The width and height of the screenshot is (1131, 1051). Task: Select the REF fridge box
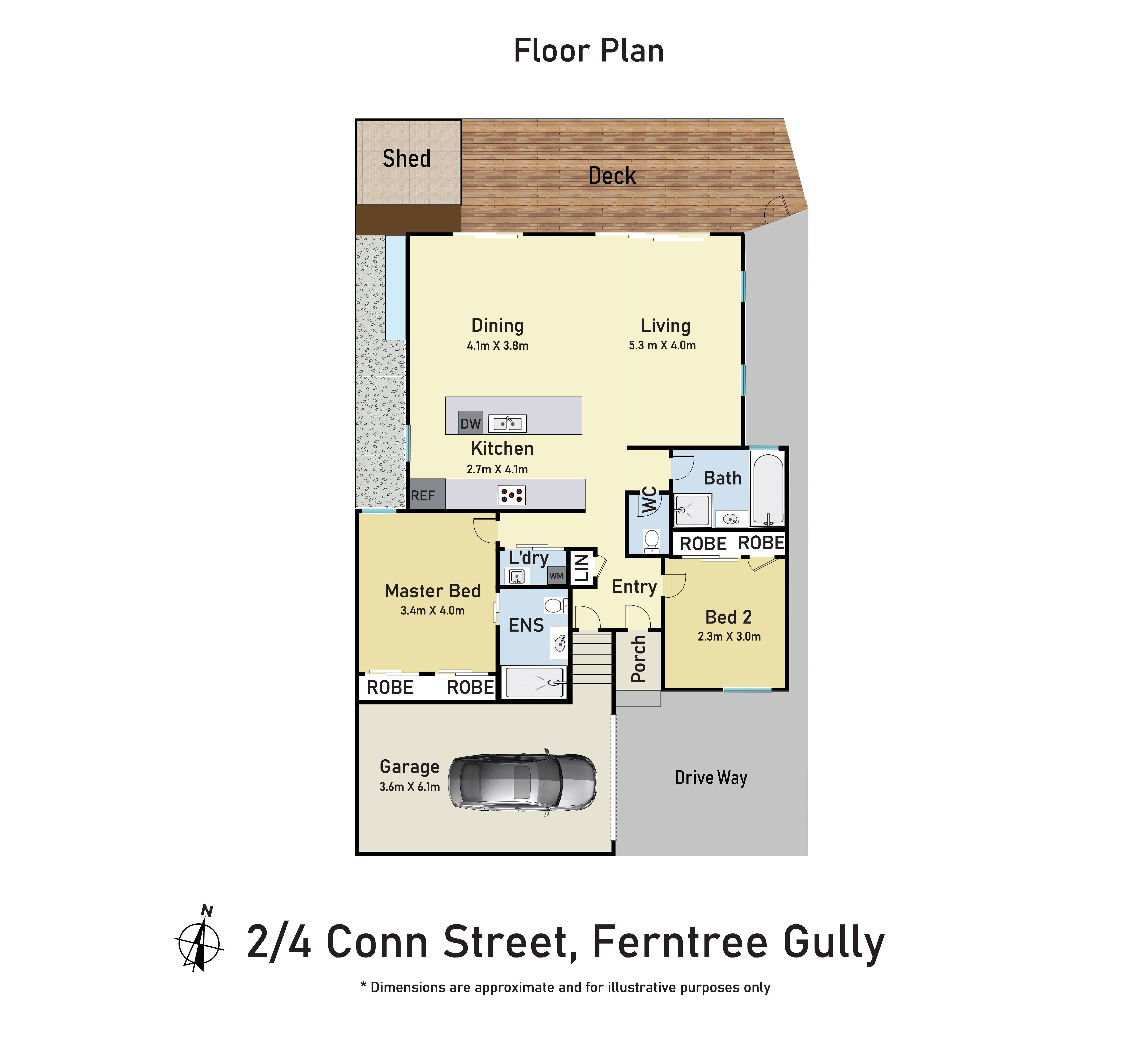click(424, 495)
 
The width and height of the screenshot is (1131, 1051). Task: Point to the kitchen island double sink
click(507, 423)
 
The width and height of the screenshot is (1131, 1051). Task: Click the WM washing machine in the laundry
click(556, 576)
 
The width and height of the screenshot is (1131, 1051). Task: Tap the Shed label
click(407, 159)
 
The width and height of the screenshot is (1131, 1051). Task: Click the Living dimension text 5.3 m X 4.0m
click(662, 345)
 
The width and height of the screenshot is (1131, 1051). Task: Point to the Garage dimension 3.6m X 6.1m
click(409, 787)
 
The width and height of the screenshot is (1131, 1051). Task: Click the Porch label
click(638, 659)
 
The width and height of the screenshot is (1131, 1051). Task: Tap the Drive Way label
click(711, 777)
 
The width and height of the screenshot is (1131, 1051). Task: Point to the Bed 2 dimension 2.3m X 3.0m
click(729, 636)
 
